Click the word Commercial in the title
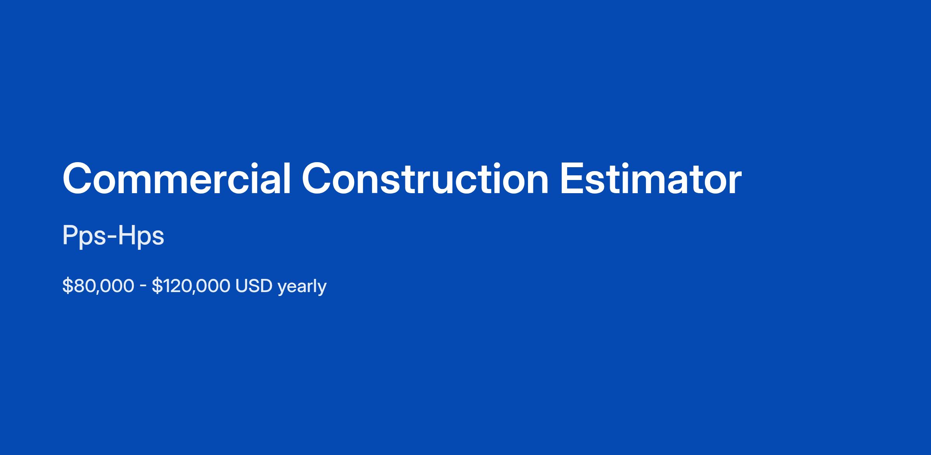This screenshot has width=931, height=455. tap(177, 179)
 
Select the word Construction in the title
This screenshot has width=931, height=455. tap(425, 179)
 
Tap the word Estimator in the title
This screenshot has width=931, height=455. tap(651, 179)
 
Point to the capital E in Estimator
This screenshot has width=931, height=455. tap(571, 179)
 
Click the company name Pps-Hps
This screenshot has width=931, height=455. tap(113, 236)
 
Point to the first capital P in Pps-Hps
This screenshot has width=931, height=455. tap(70, 235)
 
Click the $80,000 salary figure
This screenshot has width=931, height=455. tap(98, 286)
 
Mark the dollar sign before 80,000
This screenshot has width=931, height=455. tap(67, 286)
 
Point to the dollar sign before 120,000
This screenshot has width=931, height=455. tap(157, 286)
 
